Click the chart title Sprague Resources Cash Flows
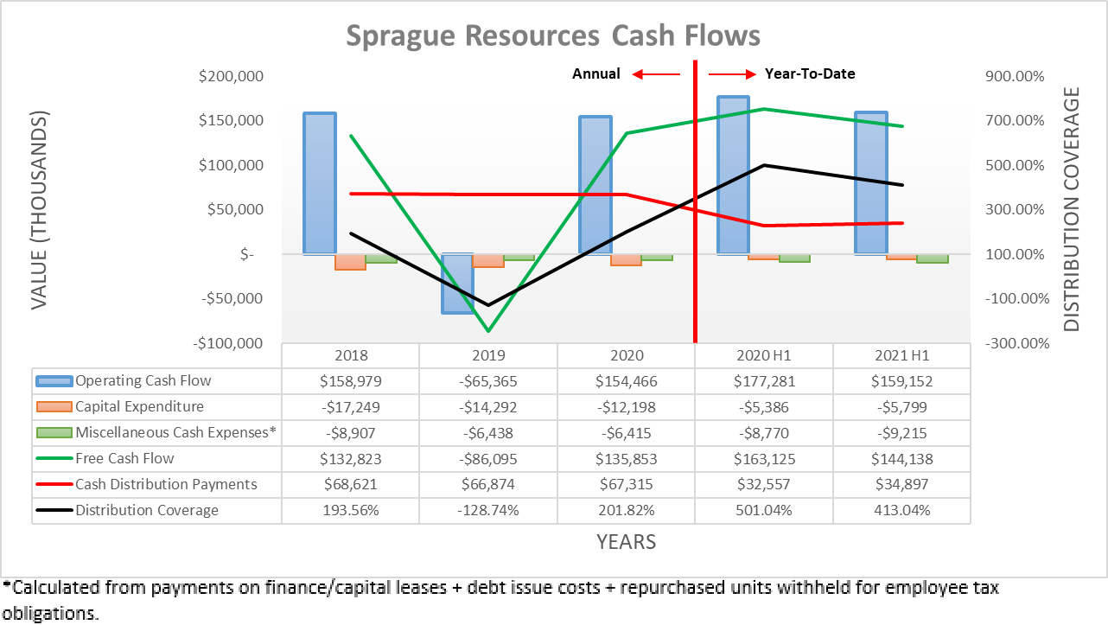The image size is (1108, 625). coord(553,35)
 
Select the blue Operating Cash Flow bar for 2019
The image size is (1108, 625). coord(457,284)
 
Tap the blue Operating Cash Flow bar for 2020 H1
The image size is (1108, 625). coord(733,175)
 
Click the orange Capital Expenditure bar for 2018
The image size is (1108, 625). coord(350,262)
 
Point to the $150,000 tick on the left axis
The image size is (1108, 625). coord(232,120)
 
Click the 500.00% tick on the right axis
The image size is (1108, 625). coord(1016,165)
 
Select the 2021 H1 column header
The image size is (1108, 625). coord(901,355)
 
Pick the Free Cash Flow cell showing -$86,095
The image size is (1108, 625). coord(488,459)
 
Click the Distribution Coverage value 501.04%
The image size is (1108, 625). coord(764,510)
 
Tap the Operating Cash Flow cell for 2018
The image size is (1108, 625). coord(350,381)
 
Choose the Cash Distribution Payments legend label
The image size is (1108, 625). coord(166,484)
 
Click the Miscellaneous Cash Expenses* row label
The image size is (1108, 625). coord(175,433)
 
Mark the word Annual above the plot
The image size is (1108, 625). coord(595,73)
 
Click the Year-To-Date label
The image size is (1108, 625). coord(810,73)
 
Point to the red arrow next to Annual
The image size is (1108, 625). coord(656,74)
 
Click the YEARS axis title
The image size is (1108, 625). coord(626,542)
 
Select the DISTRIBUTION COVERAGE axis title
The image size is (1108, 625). coord(1072,209)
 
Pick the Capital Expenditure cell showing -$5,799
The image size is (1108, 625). coord(901,407)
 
